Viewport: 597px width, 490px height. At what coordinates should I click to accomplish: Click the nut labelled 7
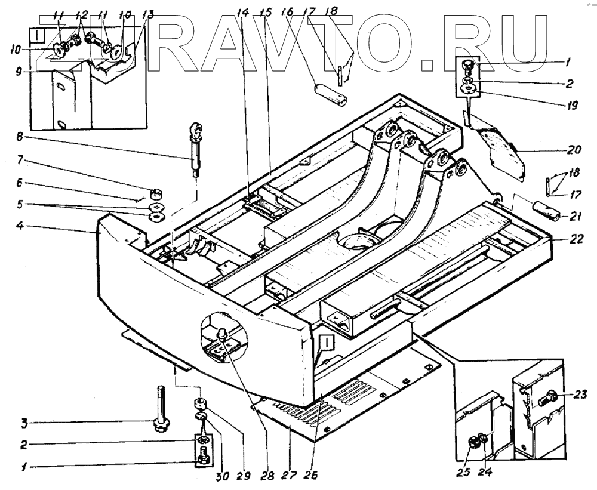(x=158, y=193)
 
